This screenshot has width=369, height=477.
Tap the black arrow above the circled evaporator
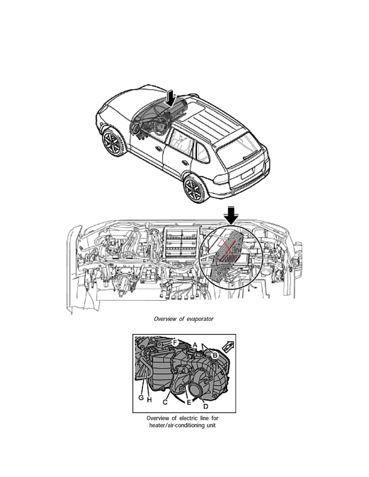tap(232, 215)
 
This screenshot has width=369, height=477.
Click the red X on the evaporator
tap(230, 249)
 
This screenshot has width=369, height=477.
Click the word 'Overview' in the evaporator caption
tap(165, 319)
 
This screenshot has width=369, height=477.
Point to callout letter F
tap(175, 342)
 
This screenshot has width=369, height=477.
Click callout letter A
tap(195, 345)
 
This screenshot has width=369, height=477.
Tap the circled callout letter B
tap(215, 355)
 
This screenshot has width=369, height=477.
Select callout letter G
tap(141, 397)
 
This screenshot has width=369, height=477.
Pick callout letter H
tap(149, 400)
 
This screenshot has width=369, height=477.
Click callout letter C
tap(165, 402)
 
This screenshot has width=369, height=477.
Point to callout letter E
tap(189, 402)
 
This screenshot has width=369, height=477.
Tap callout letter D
tap(206, 406)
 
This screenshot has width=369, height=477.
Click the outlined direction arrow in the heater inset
tap(228, 346)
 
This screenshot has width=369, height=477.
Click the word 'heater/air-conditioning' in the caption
tap(177, 425)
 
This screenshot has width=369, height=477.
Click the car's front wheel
tap(114, 143)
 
